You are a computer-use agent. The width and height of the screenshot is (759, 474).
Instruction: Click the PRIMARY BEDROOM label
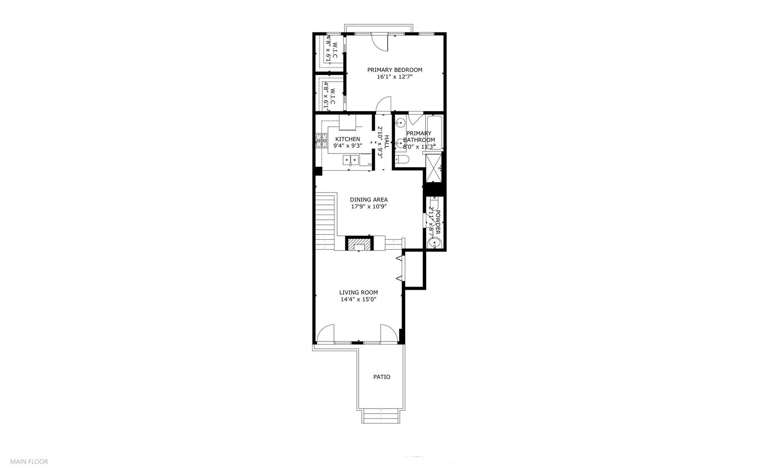coord(395,70)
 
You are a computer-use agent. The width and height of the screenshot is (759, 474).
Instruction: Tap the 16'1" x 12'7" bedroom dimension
coord(395,77)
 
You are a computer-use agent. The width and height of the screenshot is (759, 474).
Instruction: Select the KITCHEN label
coord(348,139)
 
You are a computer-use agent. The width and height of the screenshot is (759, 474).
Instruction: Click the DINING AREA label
coord(369,200)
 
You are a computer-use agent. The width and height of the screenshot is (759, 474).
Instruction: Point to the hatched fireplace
coord(360,244)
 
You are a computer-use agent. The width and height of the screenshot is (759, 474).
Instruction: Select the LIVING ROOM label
coord(358,292)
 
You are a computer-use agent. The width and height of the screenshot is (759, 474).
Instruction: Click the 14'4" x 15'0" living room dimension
coord(358,300)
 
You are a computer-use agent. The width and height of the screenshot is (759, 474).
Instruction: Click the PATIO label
coord(381,377)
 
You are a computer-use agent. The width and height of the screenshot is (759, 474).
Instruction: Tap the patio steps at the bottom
coord(381,415)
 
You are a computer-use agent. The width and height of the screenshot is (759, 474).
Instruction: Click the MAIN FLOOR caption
coord(29,461)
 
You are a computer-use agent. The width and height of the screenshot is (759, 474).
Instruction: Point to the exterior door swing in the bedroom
coord(380,43)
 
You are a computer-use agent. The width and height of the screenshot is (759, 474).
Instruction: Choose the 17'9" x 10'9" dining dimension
coord(369,207)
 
